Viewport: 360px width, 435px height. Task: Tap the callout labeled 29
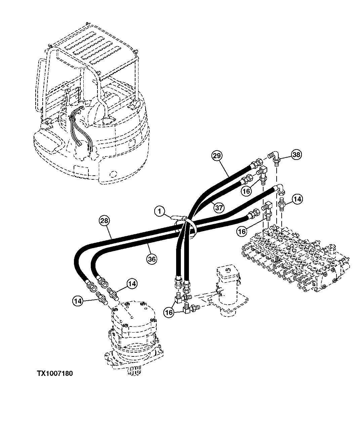tap(217, 156)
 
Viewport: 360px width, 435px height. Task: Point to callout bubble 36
tap(152, 259)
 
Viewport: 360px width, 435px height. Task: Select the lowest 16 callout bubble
tap(169, 312)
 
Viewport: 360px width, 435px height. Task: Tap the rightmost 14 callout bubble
tap(297, 199)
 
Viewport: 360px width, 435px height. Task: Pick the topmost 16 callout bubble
tap(246, 191)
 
